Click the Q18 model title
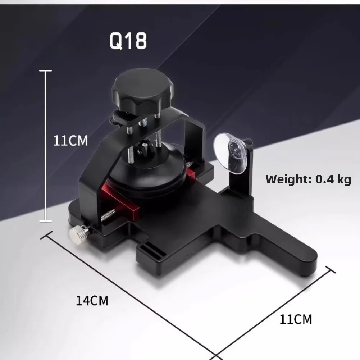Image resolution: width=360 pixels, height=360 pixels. (128, 41)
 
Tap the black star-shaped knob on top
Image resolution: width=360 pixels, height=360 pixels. (142, 91)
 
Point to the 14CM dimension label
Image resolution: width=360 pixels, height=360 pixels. (92, 301)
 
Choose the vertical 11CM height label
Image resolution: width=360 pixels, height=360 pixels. (70, 141)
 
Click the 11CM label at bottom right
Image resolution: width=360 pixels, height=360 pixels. (296, 319)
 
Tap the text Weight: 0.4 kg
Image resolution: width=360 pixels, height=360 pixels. (308, 179)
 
